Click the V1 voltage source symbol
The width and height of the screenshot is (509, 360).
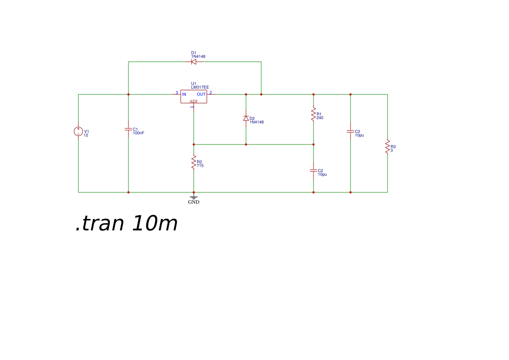pos(78,131)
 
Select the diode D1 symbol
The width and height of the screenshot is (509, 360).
pos(194,62)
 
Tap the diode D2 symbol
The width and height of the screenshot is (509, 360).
pos(246,118)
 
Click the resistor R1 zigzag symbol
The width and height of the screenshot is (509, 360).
pos(313,114)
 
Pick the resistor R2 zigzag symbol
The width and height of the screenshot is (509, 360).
pos(194,162)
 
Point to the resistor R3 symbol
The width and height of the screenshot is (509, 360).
pos(388,147)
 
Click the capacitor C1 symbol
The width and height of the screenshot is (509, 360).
pos(128,129)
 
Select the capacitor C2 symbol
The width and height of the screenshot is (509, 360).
pos(313,171)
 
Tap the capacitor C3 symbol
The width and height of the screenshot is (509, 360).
pos(351,131)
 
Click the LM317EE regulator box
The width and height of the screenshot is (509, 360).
pos(194,96)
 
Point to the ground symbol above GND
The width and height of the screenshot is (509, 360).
pos(194,197)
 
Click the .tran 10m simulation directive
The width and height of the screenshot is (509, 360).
pos(126,224)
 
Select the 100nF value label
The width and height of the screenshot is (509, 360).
pos(138,133)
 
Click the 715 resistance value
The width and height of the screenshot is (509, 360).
pos(200,166)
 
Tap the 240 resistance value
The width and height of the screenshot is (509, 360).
pos(320,118)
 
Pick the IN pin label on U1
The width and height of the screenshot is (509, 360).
pos(184,94)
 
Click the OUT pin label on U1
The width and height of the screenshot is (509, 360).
pos(201,94)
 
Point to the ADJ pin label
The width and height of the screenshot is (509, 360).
pos(193,101)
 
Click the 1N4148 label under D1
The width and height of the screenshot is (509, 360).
pos(198,57)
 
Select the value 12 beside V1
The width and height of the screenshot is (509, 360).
pos(86,135)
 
